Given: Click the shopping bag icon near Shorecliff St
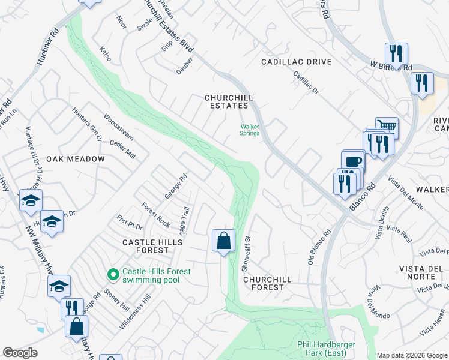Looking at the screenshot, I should coord(223,241).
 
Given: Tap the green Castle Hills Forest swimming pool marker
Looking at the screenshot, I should coord(112,275).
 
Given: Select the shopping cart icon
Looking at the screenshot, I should coord(387,127).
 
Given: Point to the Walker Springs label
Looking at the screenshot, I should coord(250,130).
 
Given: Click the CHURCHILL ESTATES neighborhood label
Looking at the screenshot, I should coord(228,101).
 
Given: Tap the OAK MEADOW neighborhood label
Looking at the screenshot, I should coord(76,159).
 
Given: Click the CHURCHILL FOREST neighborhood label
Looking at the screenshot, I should coord(267,283).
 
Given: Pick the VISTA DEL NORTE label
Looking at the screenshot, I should coord(420,272).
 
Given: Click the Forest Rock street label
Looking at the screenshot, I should coord(156,214).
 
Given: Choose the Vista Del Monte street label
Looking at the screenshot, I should coord(406,193).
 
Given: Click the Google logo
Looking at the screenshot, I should coord(20,353).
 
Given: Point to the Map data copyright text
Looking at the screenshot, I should coord(412,355).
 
